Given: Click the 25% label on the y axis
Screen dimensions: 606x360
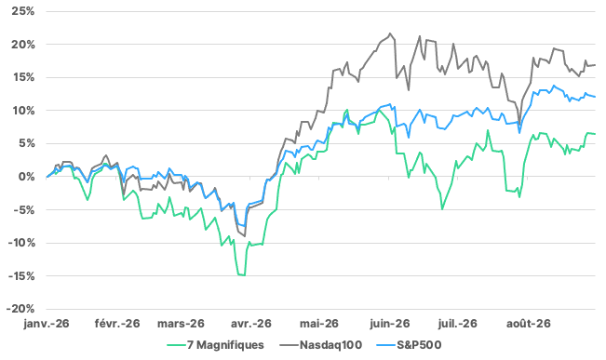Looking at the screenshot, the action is click(23, 11).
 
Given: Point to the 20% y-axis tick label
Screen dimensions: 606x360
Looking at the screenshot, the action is click(23, 45).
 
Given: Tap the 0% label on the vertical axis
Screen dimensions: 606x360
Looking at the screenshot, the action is click(26, 177).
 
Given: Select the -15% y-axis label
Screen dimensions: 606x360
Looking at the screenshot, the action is click(21, 276).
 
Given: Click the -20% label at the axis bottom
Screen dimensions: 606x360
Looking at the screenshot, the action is click(20, 309).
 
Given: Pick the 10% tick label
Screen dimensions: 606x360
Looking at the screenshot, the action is click(23, 111).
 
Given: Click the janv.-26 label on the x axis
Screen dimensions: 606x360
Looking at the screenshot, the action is click(47, 324).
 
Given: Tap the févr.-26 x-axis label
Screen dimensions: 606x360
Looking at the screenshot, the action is click(117, 324).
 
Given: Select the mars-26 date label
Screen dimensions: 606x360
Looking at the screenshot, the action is click(181, 324).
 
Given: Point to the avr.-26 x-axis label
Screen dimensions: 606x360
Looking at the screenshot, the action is click(251, 324).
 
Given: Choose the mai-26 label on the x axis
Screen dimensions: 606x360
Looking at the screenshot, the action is click(319, 324).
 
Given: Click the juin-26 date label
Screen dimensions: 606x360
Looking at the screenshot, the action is click(389, 324).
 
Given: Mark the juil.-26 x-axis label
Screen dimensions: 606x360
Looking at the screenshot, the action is click(458, 324).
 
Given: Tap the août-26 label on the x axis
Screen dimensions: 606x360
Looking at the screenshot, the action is click(529, 324).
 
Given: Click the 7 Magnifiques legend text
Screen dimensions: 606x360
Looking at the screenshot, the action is click(225, 344).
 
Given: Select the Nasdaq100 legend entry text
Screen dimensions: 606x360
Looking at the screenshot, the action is click(330, 344).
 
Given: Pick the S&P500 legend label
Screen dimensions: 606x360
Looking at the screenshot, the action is click(419, 344).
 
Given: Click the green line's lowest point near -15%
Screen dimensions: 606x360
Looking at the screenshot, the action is click(244, 275).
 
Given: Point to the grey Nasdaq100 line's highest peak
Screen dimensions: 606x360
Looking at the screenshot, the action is click(390, 33).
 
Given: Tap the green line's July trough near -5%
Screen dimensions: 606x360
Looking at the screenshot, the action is click(442, 209).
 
